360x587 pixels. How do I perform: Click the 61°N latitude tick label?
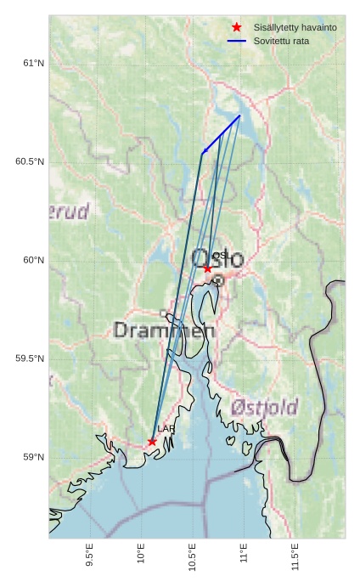point(33,63)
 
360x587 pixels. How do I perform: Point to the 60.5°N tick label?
point(30,161)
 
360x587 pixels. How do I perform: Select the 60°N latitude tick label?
point(33,260)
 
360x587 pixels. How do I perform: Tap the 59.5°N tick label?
point(30,358)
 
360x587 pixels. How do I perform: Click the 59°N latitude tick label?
point(33,457)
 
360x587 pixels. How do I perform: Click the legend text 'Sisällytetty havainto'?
point(295,27)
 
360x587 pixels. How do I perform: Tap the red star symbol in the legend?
point(237,27)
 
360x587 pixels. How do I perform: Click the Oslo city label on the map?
point(218,259)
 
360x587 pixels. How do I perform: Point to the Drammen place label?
point(159,330)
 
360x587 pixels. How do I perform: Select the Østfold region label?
point(263,409)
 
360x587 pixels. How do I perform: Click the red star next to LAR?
point(152,442)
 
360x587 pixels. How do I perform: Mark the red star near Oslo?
point(207,268)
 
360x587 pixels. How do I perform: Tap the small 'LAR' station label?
point(166,429)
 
